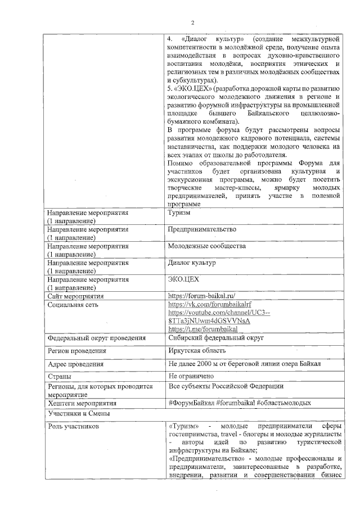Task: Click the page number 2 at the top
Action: pos(192,22)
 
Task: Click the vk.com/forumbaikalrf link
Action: pos(205,304)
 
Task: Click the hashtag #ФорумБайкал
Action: pos(191,403)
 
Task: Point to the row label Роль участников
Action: pos(74,427)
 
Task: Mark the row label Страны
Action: pos(59,377)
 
